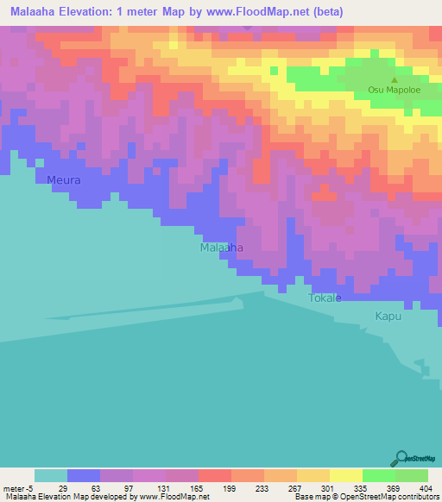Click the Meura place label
pyautogui.click(x=64, y=180)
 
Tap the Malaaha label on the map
pyautogui.click(x=221, y=248)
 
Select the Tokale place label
pyautogui.click(x=325, y=298)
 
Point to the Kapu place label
pyautogui.click(x=388, y=317)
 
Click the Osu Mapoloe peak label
pyautogui.click(x=394, y=89)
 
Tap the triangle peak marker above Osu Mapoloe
pyautogui.click(x=395, y=78)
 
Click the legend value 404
pyautogui.click(x=426, y=488)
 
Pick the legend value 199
pyautogui.click(x=229, y=488)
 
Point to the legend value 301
pyautogui.click(x=327, y=488)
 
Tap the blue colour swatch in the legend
pyautogui.click(x=84, y=475)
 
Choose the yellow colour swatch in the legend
pyautogui.click(x=345, y=475)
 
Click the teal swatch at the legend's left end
pyautogui.click(x=51, y=475)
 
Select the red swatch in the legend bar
pyautogui.click(x=214, y=475)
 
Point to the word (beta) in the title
pyautogui.click(x=324, y=12)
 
